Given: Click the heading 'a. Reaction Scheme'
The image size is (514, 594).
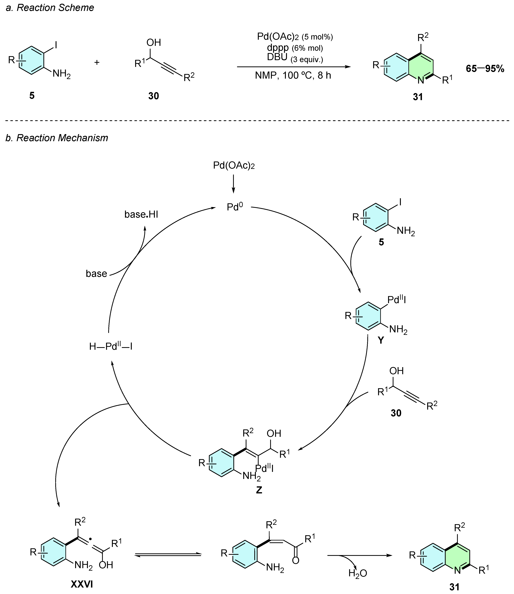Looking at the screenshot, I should [50, 8].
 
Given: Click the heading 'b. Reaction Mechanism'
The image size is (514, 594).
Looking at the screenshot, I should [57, 138].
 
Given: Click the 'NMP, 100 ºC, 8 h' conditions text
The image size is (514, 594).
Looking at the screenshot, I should [293, 75].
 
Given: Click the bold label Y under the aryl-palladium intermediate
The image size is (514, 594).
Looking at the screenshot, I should [381, 340].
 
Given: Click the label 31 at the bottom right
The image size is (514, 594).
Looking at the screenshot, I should [454, 587].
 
